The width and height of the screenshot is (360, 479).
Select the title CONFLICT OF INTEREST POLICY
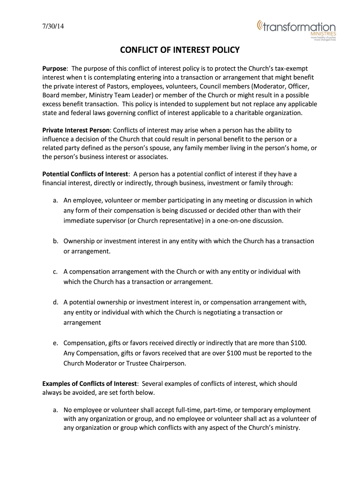tap(180, 50)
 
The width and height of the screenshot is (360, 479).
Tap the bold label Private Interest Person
tap(76, 130)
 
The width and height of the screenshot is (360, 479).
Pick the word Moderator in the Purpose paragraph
tap(269, 86)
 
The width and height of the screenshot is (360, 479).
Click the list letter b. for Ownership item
tap(55, 241)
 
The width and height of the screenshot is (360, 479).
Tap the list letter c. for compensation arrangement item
tap(55, 271)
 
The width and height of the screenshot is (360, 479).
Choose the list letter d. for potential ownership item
tap(55, 302)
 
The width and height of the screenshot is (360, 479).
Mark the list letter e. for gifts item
tap(55, 342)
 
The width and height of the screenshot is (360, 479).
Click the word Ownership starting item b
tap(79, 241)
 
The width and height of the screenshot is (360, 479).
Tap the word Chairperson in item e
tap(166, 363)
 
